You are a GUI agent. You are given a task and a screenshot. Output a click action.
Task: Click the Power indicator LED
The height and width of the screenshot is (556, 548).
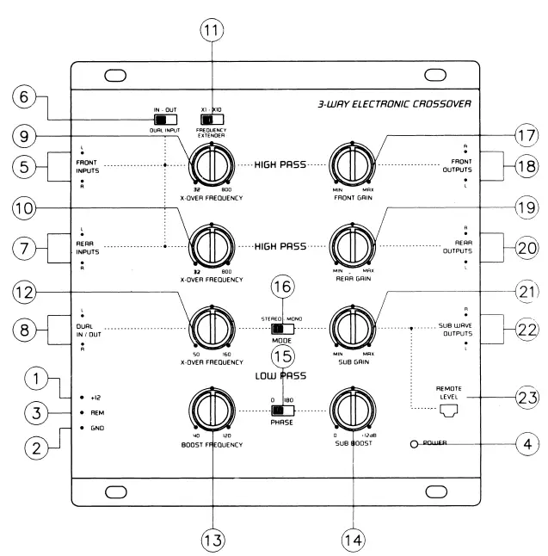coord(415,444)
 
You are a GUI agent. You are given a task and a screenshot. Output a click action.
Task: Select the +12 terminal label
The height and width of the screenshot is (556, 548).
coord(98,399)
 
